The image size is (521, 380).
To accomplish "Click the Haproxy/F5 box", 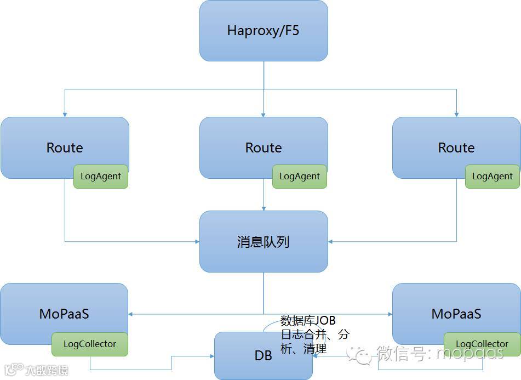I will pyautogui.click(x=264, y=30).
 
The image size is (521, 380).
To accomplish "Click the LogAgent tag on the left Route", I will pyautogui.click(x=101, y=177).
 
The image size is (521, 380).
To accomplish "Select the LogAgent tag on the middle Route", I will pyautogui.click(x=300, y=177).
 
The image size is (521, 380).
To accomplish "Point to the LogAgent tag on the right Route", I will pyautogui.click(x=493, y=177).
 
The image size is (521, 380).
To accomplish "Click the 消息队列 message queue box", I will pyautogui.click(x=264, y=242).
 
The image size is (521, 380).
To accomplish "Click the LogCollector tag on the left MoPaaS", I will pyautogui.click(x=90, y=344).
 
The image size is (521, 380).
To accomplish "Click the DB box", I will pyautogui.click(x=264, y=356).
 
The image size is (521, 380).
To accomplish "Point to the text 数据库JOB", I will pyautogui.click(x=308, y=321).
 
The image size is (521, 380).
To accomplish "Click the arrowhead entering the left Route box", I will pyautogui.click(x=65, y=114).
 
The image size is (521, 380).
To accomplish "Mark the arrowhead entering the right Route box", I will pyautogui.click(x=456, y=114).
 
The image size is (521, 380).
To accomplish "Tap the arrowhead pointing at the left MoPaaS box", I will pyautogui.click(x=131, y=314).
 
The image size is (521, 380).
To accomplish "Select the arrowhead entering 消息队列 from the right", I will pyautogui.click(x=331, y=241).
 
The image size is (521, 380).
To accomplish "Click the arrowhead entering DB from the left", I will pyautogui.click(x=211, y=356).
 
